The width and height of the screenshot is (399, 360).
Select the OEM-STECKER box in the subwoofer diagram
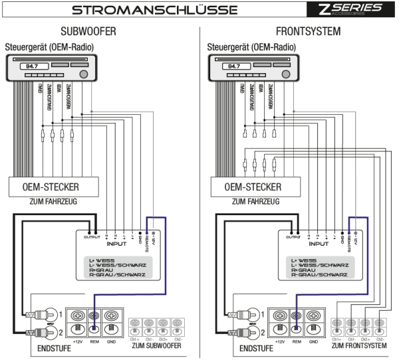(53, 186)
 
